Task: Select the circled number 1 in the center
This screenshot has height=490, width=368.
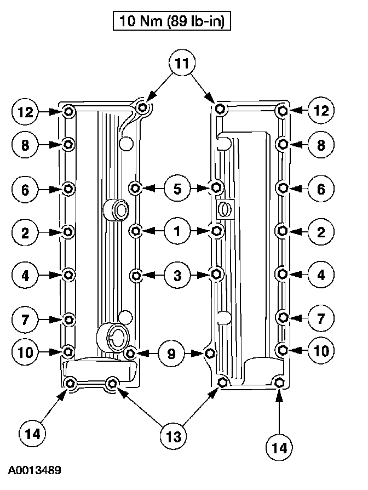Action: tap(177, 231)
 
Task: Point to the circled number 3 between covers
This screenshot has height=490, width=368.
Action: tap(177, 275)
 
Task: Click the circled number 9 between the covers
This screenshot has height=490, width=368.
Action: tap(171, 354)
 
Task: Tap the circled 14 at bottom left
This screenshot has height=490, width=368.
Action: tap(33, 434)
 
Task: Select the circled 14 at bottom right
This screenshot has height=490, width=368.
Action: tap(279, 447)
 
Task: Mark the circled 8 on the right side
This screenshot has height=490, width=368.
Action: tap(321, 145)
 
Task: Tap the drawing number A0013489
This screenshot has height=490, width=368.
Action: tap(34, 470)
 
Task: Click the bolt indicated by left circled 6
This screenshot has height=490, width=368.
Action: tap(68, 189)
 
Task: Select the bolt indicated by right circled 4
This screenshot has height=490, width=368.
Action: tap(283, 274)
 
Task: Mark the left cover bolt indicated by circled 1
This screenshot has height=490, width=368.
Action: tap(136, 231)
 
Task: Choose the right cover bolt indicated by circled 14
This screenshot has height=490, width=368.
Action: tap(278, 382)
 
